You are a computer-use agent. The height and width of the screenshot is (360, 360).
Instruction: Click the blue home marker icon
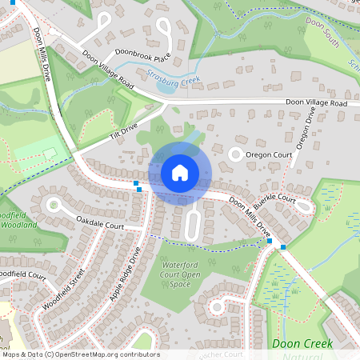pyautogui.click(x=180, y=173)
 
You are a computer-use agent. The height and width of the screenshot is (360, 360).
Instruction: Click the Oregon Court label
pyautogui.click(x=270, y=154)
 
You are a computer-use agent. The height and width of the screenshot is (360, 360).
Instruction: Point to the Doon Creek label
pyautogui.click(x=302, y=343)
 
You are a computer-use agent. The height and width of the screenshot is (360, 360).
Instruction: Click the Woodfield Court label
pyautogui.click(x=22, y=274)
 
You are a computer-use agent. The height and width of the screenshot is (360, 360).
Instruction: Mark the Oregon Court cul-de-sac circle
pyautogui.click(x=236, y=154)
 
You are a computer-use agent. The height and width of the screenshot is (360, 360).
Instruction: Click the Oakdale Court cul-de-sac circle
pyautogui.click(x=54, y=204)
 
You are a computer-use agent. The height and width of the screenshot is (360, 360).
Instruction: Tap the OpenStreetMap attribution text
pyautogui.click(x=80, y=354)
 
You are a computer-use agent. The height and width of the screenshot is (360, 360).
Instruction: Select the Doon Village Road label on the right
pyautogui.click(x=317, y=104)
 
